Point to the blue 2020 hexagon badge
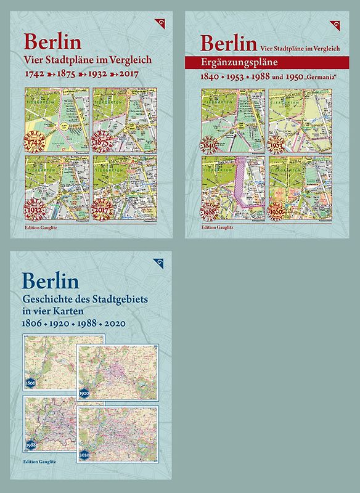[x=84, y=455]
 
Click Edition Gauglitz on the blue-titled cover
[x=43, y=478]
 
